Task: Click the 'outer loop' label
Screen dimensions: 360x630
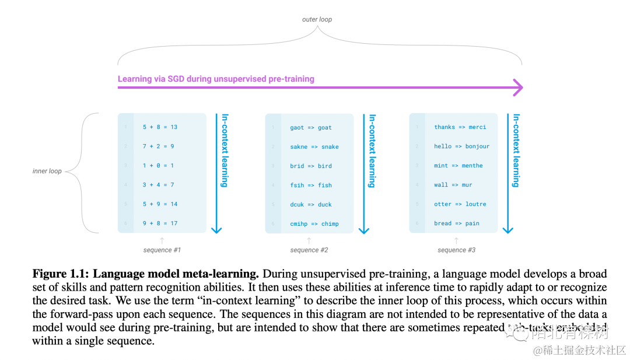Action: pyautogui.click(x=317, y=19)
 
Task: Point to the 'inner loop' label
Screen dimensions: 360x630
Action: pyautogui.click(x=47, y=171)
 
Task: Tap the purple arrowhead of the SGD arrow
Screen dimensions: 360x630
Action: pyautogui.click(x=517, y=88)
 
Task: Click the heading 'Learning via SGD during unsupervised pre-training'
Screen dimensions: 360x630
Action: pyautogui.click(x=216, y=79)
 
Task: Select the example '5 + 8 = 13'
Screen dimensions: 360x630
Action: pyautogui.click(x=160, y=127)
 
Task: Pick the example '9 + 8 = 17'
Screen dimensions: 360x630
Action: pyautogui.click(x=160, y=223)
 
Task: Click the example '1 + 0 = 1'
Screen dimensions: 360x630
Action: pyautogui.click(x=158, y=166)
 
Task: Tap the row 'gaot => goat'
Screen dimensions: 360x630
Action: pyautogui.click(x=311, y=127)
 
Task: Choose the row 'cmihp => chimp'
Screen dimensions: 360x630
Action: pyautogui.click(x=314, y=223)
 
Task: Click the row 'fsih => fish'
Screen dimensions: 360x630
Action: pyautogui.click(x=311, y=185)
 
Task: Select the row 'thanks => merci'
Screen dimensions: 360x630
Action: pyautogui.click(x=460, y=127)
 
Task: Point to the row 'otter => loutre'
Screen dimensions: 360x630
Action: pyautogui.click(x=460, y=204)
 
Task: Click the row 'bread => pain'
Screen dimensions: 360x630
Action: pyautogui.click(x=456, y=223)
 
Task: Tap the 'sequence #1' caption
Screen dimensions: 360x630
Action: pyautogui.click(x=162, y=250)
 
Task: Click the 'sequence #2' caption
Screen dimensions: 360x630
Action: pyautogui.click(x=309, y=250)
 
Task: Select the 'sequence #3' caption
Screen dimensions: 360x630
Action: pyautogui.click(x=457, y=250)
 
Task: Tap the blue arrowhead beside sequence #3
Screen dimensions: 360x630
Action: pyautogui.click(x=508, y=229)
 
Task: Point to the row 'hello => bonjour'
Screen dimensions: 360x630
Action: pyautogui.click(x=461, y=146)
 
